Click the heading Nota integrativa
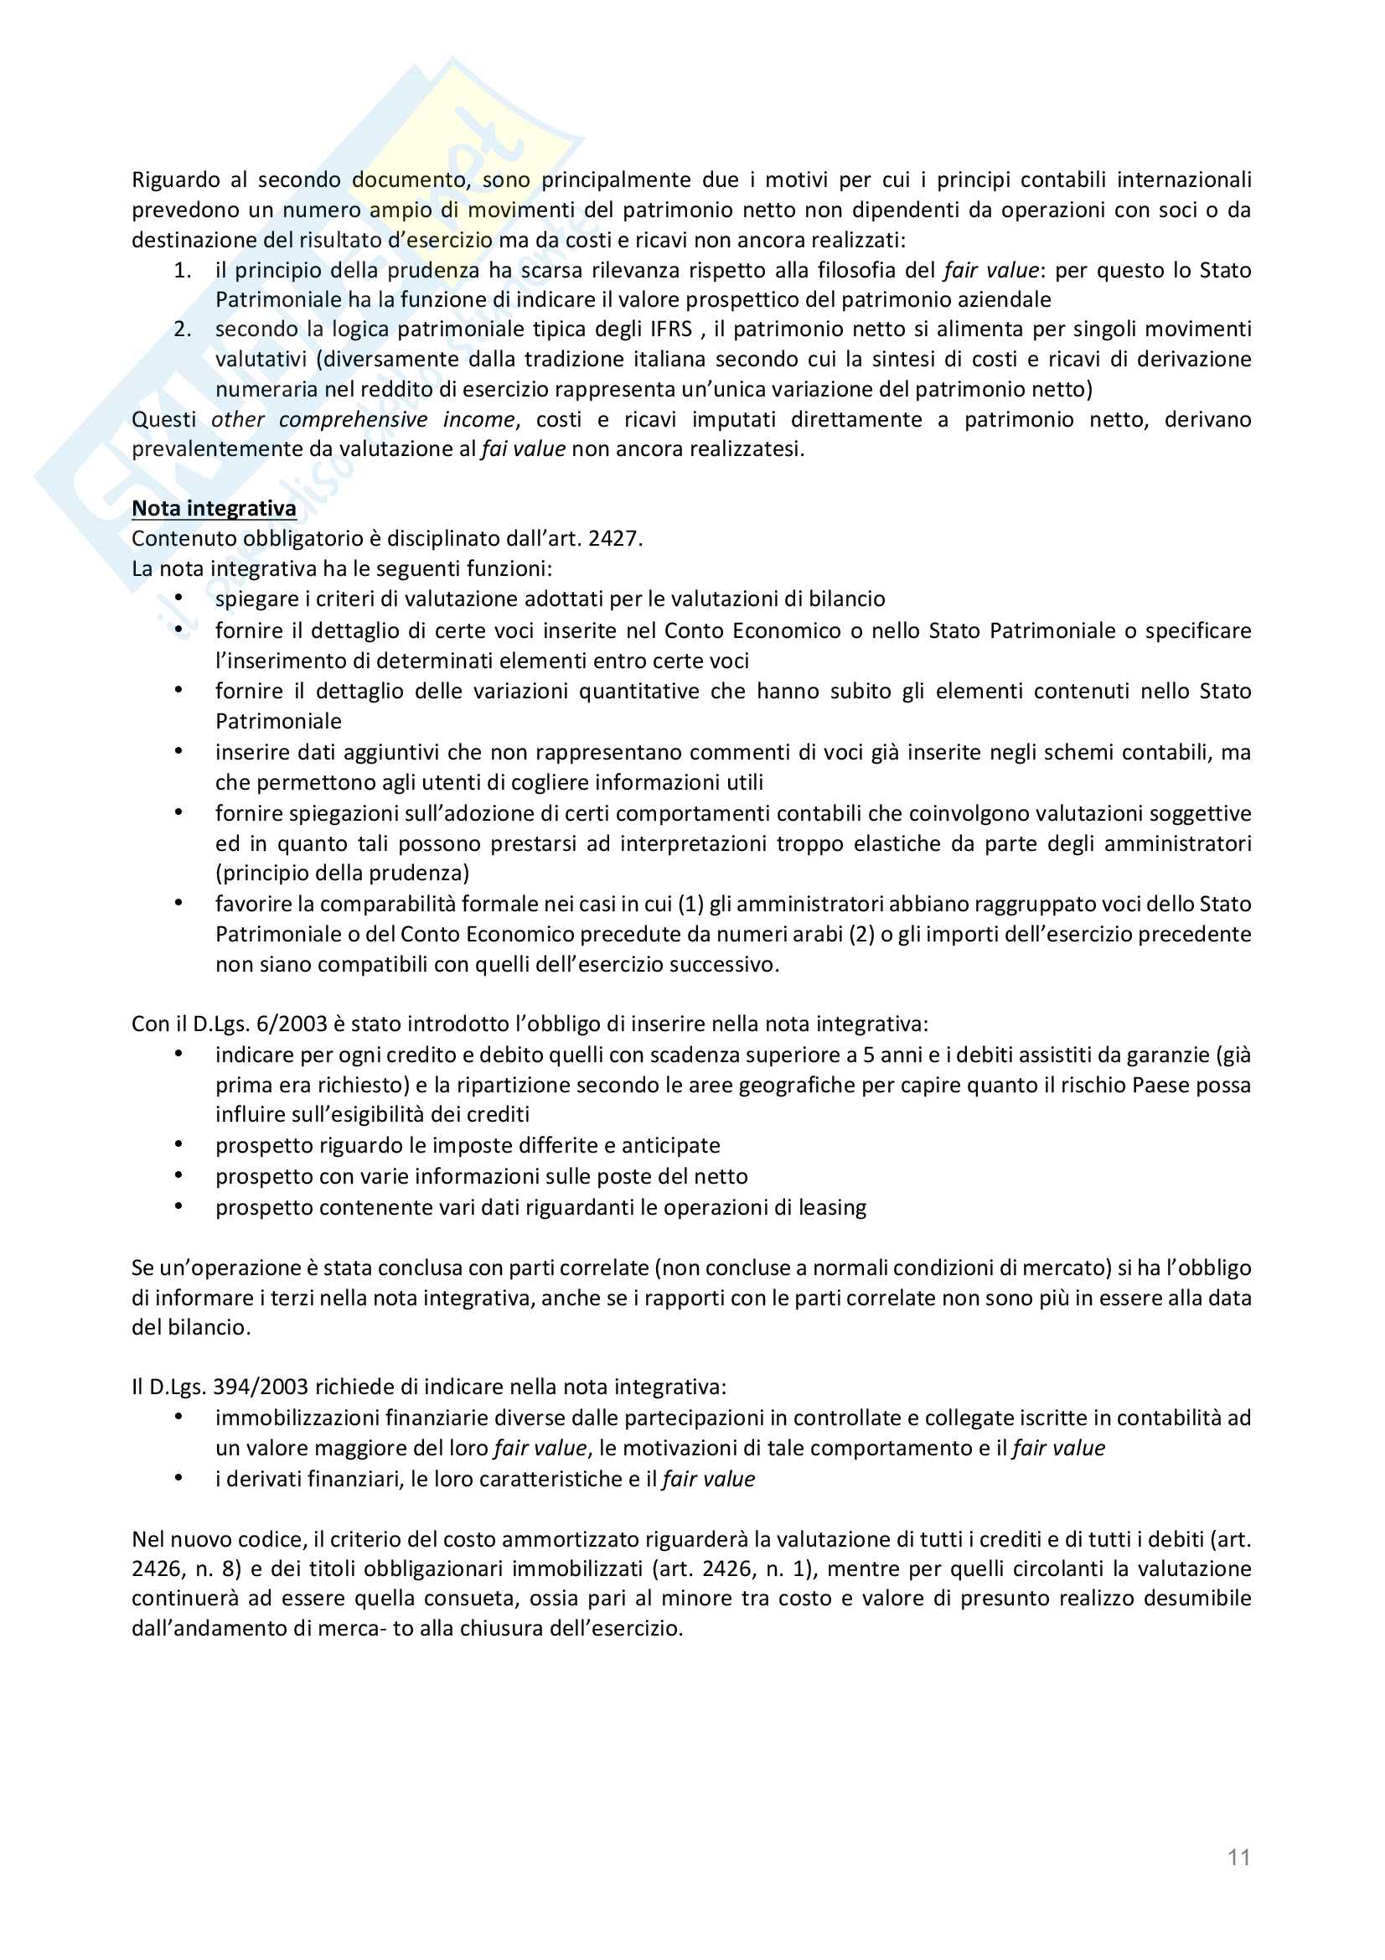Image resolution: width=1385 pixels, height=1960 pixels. (214, 509)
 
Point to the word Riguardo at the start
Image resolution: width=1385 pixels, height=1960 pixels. (176, 180)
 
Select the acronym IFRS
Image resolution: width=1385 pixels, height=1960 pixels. (671, 329)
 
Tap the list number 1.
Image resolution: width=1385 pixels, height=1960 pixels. (182, 271)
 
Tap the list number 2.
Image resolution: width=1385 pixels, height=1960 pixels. (182, 329)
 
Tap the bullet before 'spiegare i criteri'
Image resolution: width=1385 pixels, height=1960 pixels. (179, 598)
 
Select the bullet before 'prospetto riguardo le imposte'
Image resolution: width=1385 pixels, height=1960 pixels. (179, 1144)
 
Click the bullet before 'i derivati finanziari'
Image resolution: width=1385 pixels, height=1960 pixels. (179, 1478)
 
